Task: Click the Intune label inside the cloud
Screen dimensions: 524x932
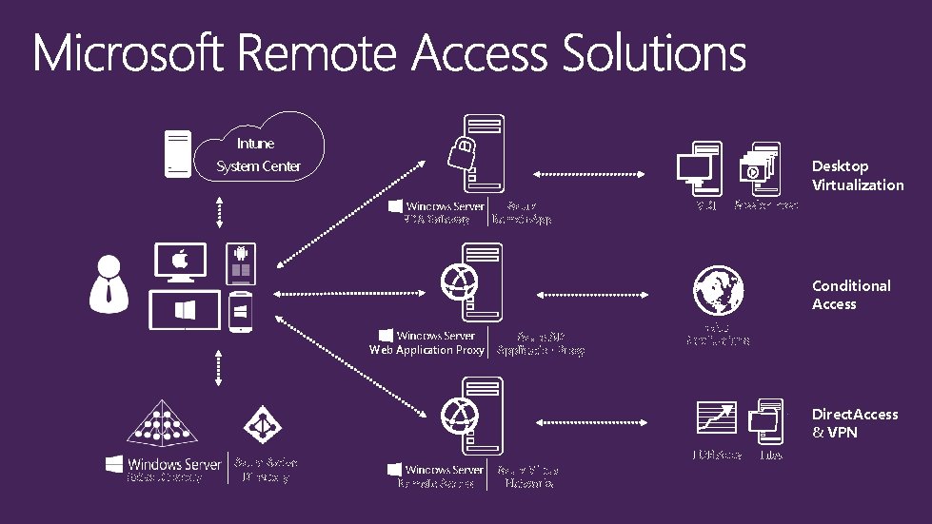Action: click(255, 144)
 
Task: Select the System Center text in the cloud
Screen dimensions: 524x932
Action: click(258, 166)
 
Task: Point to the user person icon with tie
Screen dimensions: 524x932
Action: click(109, 283)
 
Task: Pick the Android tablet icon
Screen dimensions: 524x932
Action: click(241, 264)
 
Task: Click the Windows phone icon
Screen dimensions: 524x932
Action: click(241, 312)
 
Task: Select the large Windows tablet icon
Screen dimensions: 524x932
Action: click(185, 310)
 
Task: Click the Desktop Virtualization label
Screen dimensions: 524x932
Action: click(857, 176)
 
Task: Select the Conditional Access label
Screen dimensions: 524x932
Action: click(850, 295)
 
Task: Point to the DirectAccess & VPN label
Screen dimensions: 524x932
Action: click(854, 423)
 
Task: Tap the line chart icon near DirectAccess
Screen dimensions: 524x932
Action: click(718, 419)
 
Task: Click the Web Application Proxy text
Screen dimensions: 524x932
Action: click(426, 350)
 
